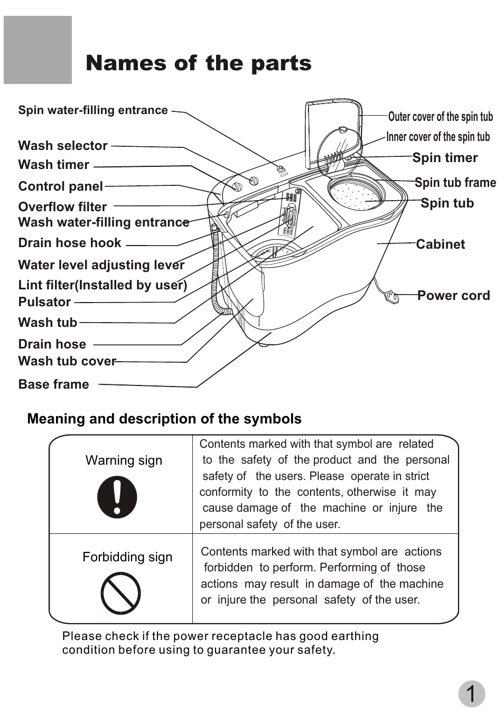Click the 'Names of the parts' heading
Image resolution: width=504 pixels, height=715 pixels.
tap(198, 63)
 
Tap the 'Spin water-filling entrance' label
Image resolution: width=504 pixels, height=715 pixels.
tap(93, 110)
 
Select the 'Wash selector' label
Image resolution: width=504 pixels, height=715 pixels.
tap(63, 146)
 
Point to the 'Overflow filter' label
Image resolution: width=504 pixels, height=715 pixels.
tap(62, 207)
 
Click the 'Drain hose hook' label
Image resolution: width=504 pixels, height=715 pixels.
tap(70, 243)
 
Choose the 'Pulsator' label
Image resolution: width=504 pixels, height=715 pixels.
tap(44, 302)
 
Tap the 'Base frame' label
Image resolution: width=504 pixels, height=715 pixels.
tap(53, 384)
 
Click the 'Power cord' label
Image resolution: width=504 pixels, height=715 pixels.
tap(453, 296)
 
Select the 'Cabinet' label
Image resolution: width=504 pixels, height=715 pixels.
tap(440, 244)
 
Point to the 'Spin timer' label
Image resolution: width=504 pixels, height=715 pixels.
tap(445, 158)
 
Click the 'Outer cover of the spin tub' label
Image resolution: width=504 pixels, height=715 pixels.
tap(440, 117)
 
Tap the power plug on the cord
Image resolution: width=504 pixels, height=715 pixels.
tap(392, 297)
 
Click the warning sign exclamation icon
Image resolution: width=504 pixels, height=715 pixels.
tap(117, 497)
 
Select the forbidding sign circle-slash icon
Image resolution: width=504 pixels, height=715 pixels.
tap(120, 594)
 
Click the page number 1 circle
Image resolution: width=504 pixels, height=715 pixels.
tap(471, 694)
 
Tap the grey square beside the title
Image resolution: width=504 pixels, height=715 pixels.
tap(38, 50)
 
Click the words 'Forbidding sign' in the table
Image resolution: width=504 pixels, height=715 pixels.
tap(127, 557)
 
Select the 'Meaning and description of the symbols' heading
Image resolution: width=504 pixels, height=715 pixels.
tap(164, 419)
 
